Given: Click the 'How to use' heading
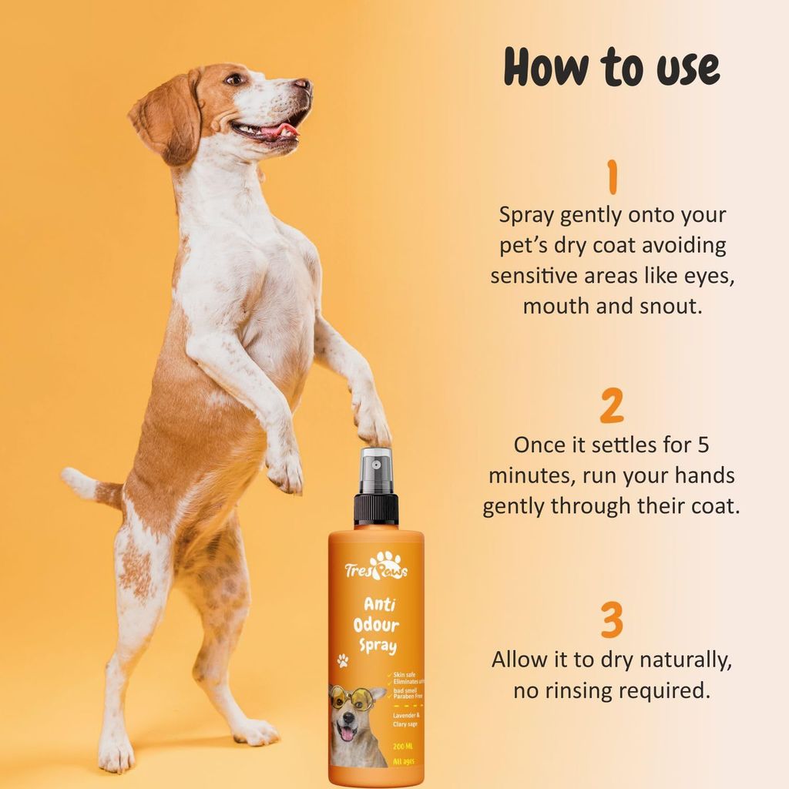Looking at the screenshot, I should (611, 68).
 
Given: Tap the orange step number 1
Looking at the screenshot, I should (613, 177).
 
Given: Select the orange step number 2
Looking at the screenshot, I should (612, 406).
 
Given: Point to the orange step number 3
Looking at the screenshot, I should (612, 621).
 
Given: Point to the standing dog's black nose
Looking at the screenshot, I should (302, 84).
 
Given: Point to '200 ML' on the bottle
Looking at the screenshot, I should (405, 745).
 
